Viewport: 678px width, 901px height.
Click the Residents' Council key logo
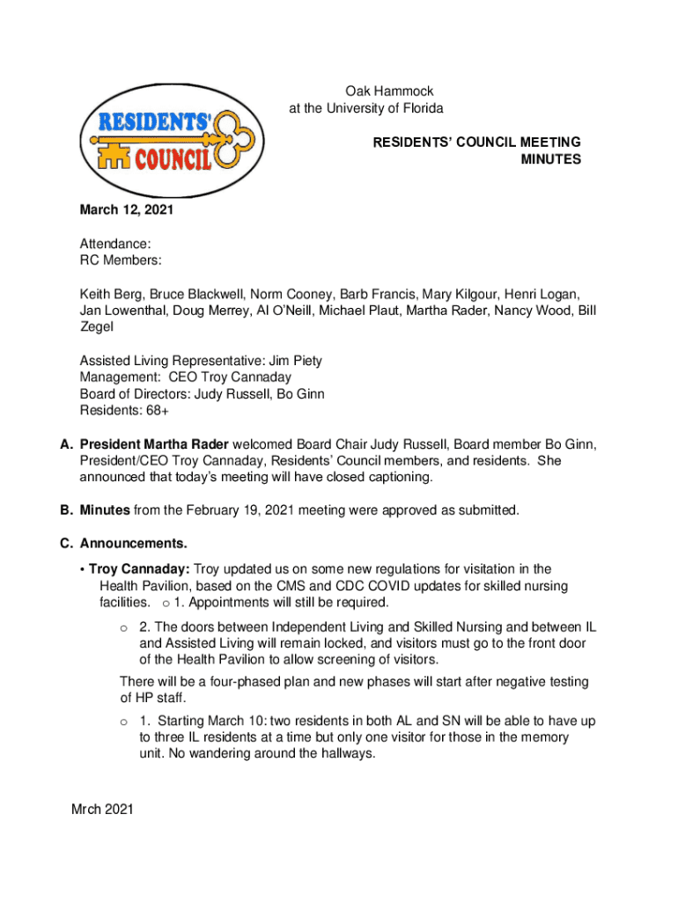point(162,142)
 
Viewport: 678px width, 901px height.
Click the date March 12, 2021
point(127,210)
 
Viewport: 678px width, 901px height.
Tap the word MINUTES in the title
point(551,159)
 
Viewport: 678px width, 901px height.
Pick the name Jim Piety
point(297,361)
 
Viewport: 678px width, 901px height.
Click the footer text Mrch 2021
point(102,809)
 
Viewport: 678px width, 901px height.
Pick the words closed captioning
point(382,478)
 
